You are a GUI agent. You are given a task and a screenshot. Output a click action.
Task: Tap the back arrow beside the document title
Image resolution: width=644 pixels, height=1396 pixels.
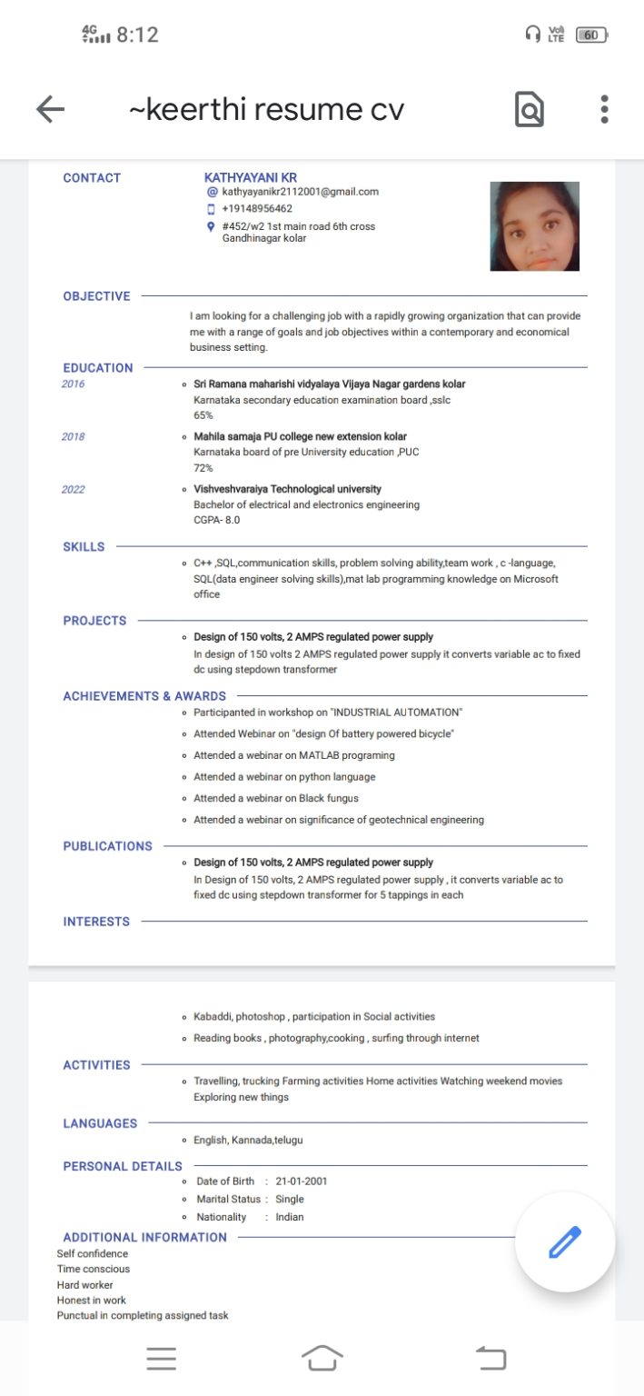(50, 110)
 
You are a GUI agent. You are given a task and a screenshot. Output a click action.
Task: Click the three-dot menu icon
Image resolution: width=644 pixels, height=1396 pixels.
(604, 109)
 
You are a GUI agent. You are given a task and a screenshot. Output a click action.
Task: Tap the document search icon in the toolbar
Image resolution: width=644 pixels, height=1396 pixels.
(530, 110)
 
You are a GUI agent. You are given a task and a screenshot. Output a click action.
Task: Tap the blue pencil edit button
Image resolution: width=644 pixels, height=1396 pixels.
(564, 1241)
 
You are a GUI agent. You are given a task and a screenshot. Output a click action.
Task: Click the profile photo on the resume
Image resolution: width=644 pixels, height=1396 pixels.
(534, 226)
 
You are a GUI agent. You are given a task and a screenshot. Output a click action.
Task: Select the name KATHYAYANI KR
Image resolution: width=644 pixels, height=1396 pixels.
(251, 177)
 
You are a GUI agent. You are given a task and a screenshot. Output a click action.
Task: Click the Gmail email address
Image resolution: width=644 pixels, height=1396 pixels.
(300, 192)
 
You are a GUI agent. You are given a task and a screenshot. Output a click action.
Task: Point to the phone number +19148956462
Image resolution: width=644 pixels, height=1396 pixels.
(257, 209)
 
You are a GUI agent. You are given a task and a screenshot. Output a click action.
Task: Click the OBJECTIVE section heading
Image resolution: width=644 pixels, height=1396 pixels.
(96, 296)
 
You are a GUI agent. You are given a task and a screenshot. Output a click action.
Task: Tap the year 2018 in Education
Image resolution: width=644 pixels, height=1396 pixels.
(74, 437)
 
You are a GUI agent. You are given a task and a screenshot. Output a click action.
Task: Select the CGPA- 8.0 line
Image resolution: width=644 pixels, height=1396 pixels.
(216, 520)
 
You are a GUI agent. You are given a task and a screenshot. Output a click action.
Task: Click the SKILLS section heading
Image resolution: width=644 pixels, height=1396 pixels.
(84, 547)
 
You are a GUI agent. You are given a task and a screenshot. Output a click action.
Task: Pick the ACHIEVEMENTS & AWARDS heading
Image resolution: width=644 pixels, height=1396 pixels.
(144, 696)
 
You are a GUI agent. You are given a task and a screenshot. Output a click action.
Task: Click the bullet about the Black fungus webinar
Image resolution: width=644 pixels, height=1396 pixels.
(275, 798)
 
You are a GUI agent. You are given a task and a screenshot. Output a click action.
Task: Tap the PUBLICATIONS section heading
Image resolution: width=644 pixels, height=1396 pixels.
(107, 846)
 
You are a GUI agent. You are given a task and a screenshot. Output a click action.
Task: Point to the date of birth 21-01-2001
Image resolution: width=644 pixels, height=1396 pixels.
(302, 1182)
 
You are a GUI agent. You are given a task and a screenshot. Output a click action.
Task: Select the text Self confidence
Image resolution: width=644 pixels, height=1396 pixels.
(93, 1254)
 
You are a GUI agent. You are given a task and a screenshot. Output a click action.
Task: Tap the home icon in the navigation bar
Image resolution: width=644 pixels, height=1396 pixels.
(322, 1359)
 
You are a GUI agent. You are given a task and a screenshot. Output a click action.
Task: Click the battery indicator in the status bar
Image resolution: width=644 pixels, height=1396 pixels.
(591, 35)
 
